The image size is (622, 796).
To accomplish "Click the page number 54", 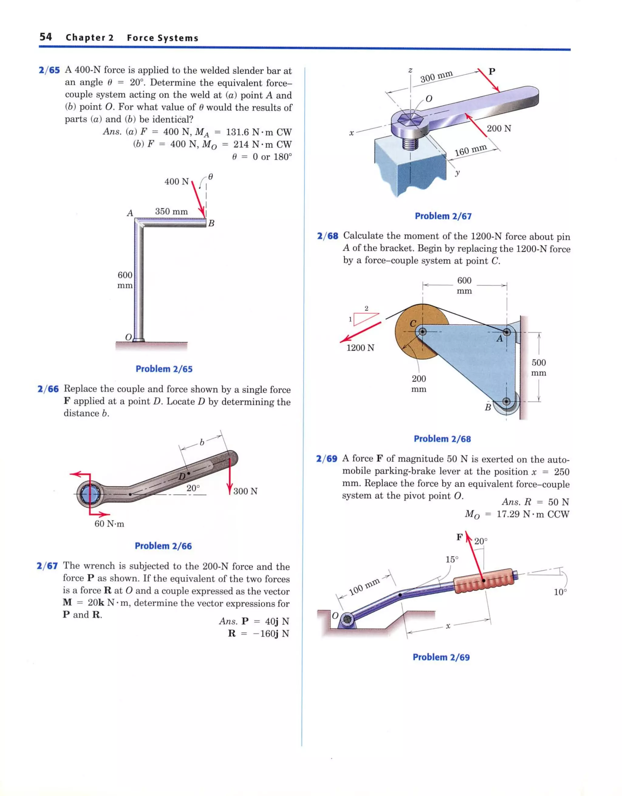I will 46,37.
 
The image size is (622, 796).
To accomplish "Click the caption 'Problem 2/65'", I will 164,369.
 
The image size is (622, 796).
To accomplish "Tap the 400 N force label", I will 176,181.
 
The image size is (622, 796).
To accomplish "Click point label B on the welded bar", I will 211,223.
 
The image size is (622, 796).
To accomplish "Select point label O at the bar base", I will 128,337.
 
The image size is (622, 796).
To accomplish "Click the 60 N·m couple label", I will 109,524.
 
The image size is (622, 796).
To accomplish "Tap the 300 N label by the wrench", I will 245,491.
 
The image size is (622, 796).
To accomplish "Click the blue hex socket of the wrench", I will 89,495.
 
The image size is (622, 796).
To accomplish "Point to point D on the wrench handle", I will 189,473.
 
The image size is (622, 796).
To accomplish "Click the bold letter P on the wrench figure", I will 492,71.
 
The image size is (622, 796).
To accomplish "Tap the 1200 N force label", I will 360,348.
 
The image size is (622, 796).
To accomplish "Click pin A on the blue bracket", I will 506,332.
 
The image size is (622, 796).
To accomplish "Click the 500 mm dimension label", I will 538,368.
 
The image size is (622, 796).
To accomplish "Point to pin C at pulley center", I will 422,332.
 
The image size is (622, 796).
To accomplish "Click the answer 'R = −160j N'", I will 258,633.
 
